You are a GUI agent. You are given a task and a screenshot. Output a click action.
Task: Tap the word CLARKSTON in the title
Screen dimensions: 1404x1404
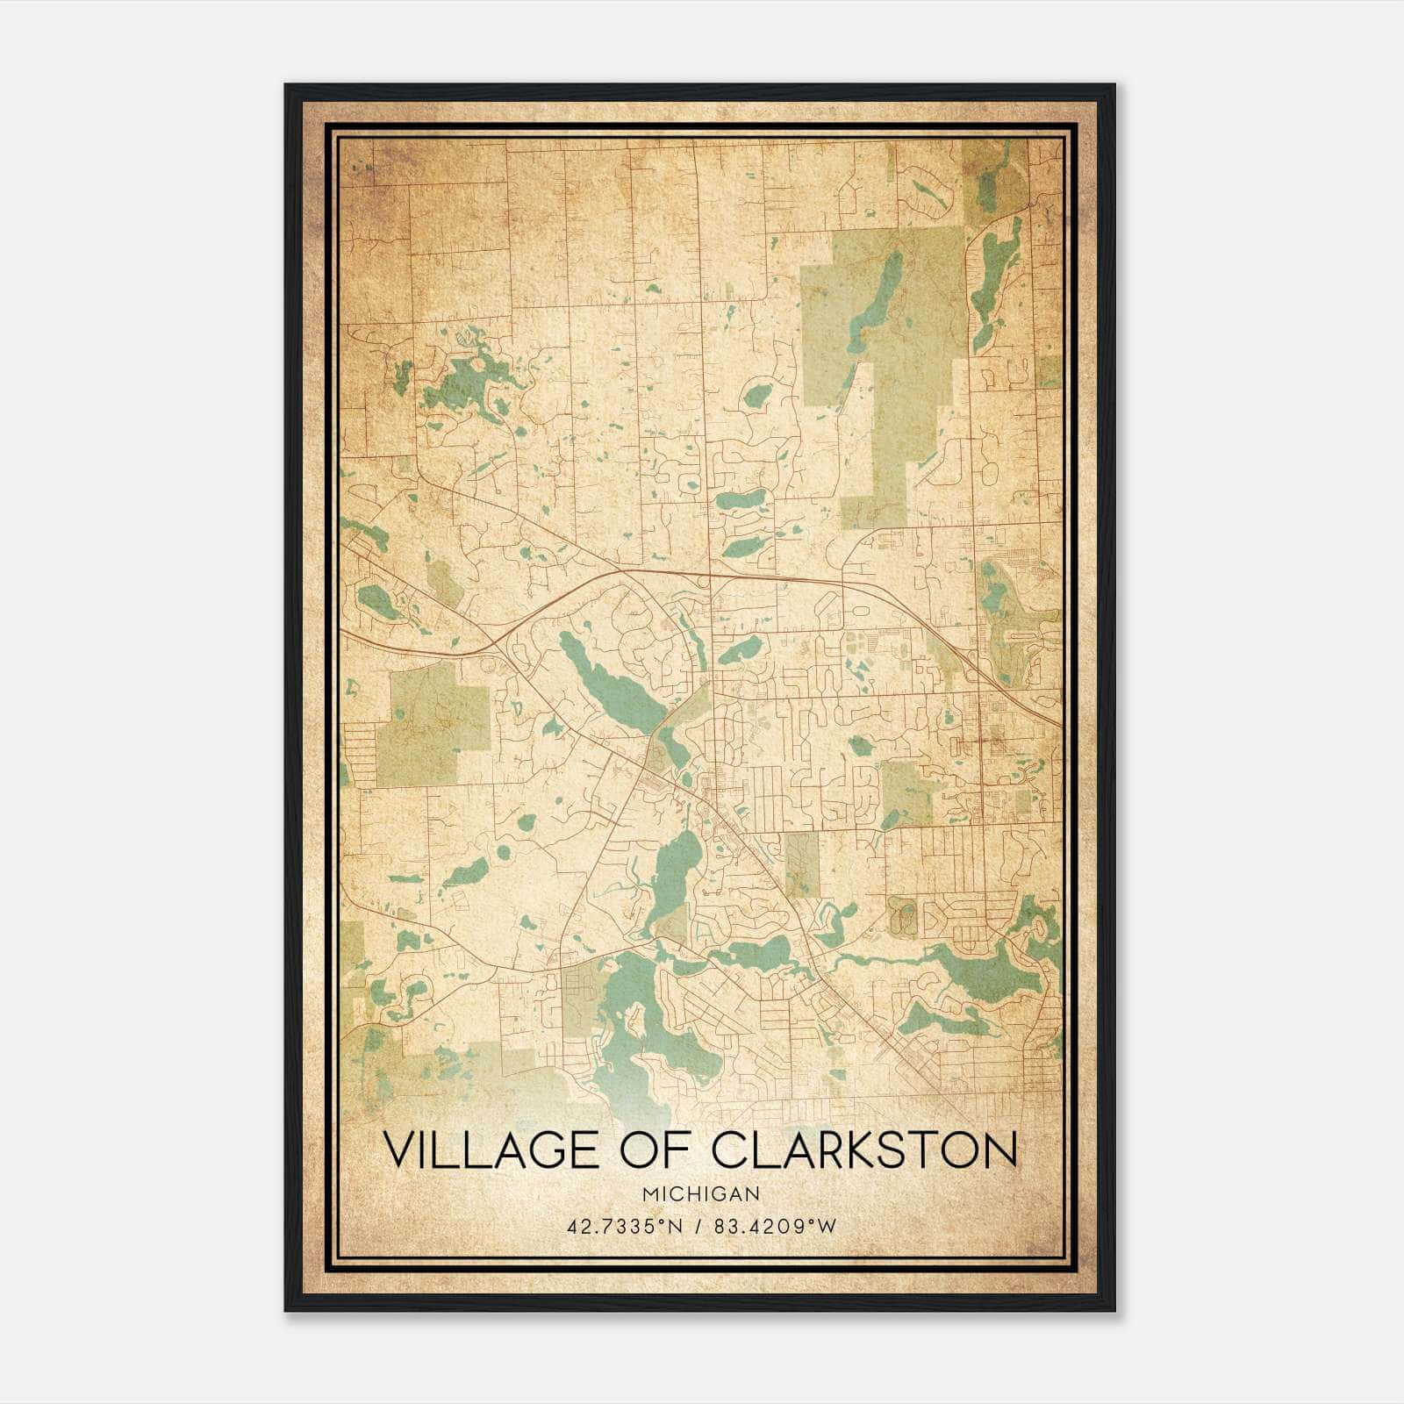[x=864, y=1150]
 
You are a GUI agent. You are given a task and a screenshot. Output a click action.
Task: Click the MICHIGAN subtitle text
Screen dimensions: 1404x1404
[x=700, y=1193]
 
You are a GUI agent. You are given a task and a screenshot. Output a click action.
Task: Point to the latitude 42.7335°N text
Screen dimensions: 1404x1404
[x=624, y=1226]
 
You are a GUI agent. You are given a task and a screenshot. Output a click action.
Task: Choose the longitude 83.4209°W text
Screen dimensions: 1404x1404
[x=775, y=1226]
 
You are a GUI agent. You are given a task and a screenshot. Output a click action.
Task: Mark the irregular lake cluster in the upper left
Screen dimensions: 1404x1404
[x=465, y=377]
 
